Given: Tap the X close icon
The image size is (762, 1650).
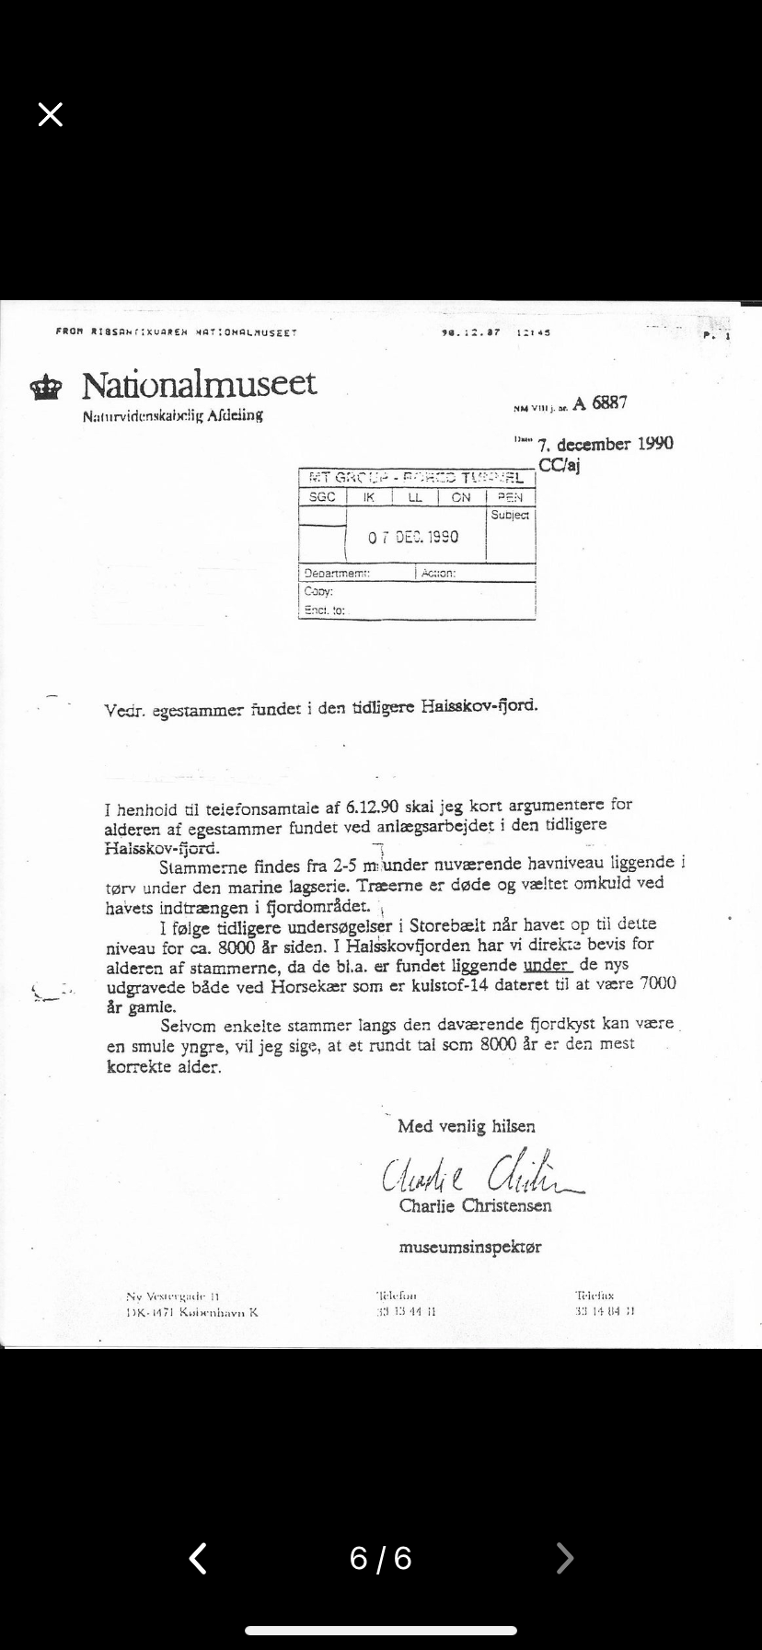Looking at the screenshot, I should pyautogui.click(x=51, y=114).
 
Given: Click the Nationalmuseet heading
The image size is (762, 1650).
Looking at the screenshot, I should pyautogui.click(x=199, y=384).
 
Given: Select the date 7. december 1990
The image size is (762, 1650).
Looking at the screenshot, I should pyautogui.click(x=605, y=444).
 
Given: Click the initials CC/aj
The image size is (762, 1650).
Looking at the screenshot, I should pyautogui.click(x=559, y=465).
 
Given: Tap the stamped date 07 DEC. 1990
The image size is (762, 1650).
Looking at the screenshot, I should pyautogui.click(x=413, y=537).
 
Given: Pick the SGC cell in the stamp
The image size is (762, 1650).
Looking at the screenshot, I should pyautogui.click(x=322, y=497).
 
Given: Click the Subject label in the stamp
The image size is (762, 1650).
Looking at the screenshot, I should pyautogui.click(x=510, y=516).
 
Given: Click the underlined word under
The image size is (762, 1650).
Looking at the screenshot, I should pyautogui.click(x=548, y=964).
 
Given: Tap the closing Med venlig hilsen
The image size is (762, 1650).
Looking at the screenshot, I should pyautogui.click(x=466, y=1126).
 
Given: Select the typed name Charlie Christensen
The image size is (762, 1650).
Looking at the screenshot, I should pyautogui.click(x=475, y=1205).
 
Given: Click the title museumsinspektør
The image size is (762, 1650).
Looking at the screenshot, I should pyautogui.click(x=469, y=1248).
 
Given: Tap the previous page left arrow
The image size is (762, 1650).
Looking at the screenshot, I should pyautogui.click(x=198, y=1558).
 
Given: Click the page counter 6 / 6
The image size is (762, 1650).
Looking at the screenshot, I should pyautogui.click(x=381, y=1558).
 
